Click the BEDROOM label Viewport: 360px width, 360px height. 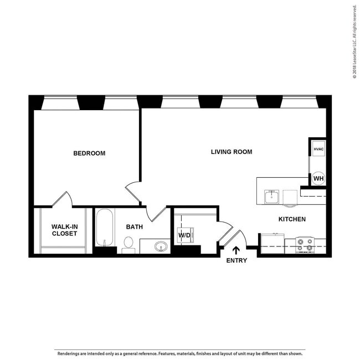89,153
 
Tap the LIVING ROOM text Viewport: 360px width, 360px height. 232,152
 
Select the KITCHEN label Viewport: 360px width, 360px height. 292,219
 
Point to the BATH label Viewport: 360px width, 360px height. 135,227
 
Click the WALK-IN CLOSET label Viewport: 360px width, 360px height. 64,230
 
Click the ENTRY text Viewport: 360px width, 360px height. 236,260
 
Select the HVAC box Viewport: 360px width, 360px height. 318,150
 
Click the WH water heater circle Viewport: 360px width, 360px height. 318,178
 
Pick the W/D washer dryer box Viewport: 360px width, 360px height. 184,235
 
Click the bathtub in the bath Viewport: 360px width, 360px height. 104,228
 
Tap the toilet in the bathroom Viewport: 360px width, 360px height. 128,244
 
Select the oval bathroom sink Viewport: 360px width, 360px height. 161,246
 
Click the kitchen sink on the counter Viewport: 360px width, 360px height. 271,197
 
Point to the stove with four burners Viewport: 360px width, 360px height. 305,244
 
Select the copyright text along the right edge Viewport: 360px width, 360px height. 354,42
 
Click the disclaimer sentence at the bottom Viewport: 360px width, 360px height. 179,353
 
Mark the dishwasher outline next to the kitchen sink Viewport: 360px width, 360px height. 290,197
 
